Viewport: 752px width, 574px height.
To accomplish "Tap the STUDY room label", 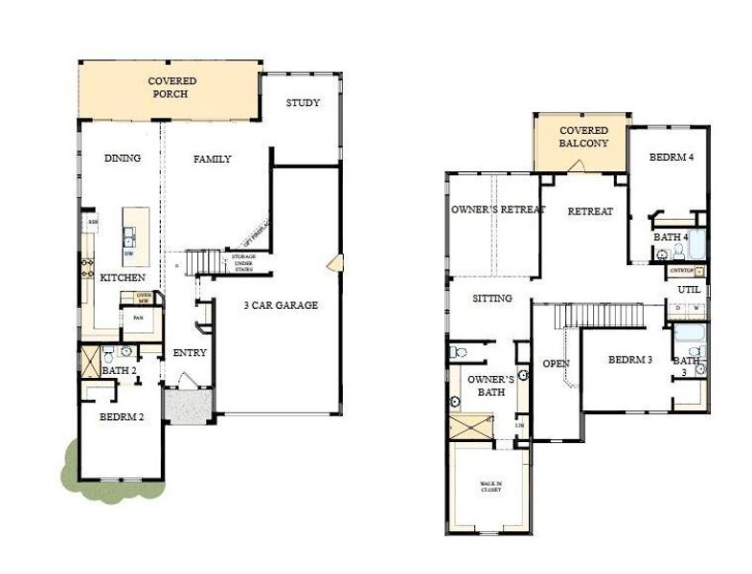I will point(303,103).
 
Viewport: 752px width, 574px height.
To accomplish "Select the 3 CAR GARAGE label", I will point(279,305).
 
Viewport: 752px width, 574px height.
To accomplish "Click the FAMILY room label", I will point(212,159).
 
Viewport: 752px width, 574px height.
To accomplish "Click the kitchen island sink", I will point(127,234).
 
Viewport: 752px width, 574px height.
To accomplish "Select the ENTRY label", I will point(190,353).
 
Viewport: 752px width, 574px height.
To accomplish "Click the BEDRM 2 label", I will point(122,416).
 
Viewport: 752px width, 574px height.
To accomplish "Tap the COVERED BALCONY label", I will point(583,136).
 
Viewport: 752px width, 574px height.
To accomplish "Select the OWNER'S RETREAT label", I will point(497,210).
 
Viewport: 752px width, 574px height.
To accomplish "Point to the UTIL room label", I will point(689,289).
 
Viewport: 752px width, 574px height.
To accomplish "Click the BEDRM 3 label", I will point(629,360).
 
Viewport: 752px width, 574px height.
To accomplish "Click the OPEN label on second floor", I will point(556,364).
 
